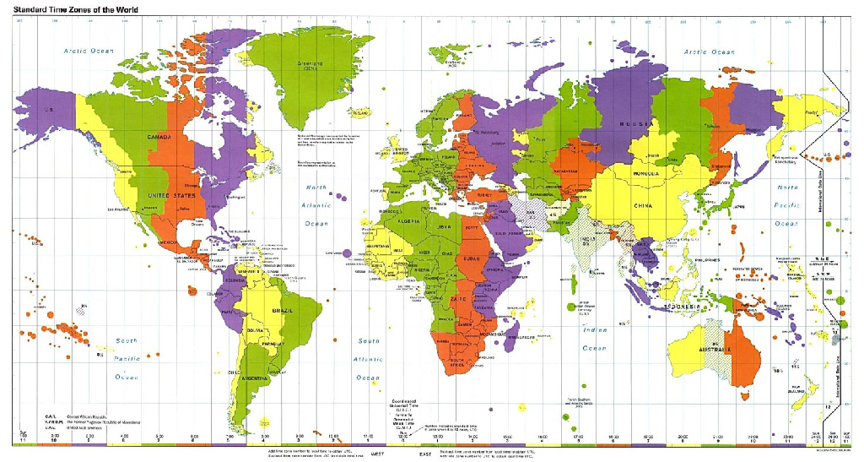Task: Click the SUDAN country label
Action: (473, 257)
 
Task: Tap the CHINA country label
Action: (643, 205)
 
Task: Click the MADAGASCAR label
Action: (521, 337)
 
